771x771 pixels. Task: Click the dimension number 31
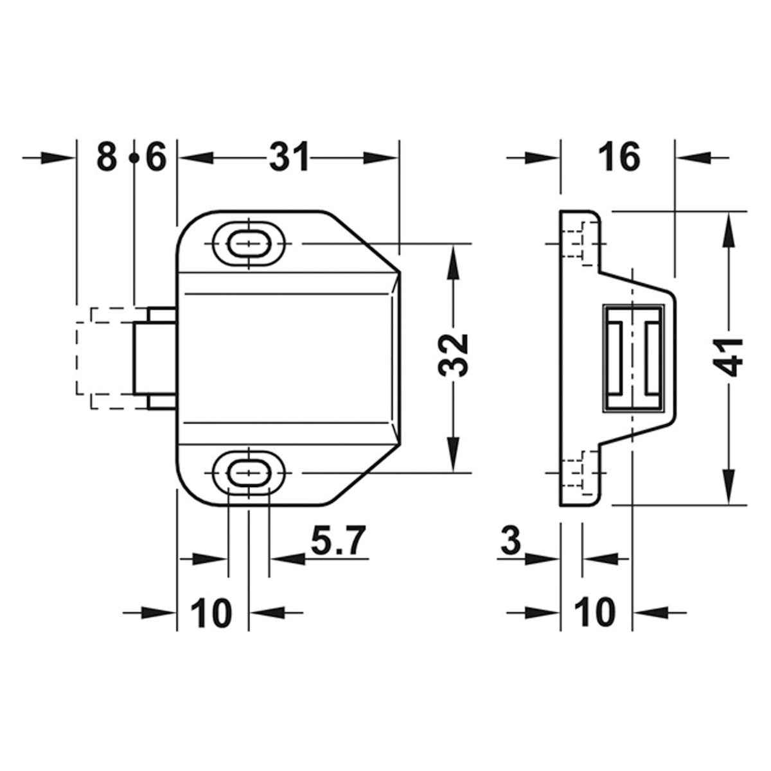coord(288,157)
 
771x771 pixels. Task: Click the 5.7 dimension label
coord(338,541)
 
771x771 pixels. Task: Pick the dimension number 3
coord(510,541)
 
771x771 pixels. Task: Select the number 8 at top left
coord(107,157)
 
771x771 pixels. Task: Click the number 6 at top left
coord(155,157)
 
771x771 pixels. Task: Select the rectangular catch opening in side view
coord(633,358)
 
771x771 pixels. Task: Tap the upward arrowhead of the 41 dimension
coord(729,228)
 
